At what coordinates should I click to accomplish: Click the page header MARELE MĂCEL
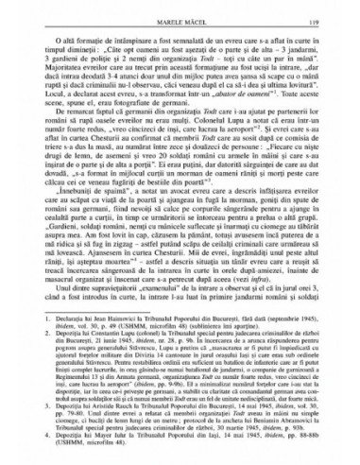[x=180, y=16]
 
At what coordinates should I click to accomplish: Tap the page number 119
[x=317, y=16]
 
